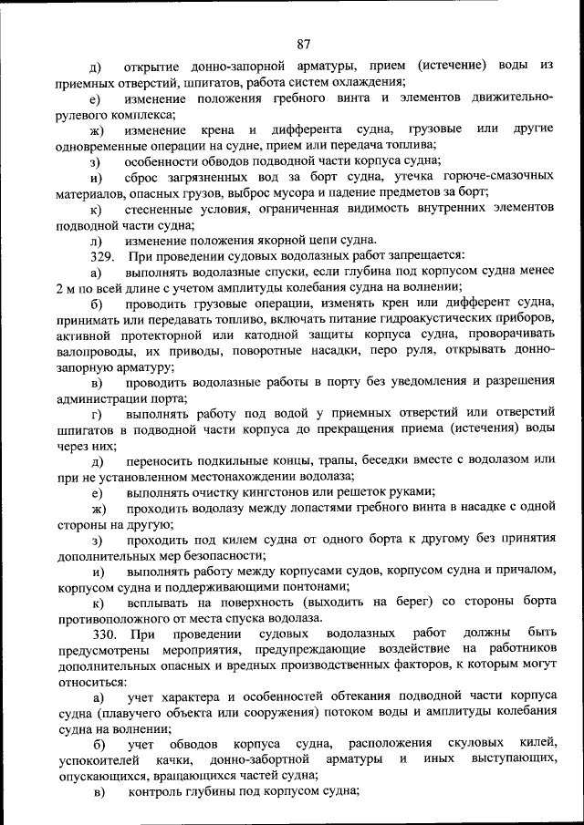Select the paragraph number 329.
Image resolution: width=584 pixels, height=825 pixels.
tap(102, 256)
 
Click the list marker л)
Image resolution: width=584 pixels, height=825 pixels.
tap(96, 241)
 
